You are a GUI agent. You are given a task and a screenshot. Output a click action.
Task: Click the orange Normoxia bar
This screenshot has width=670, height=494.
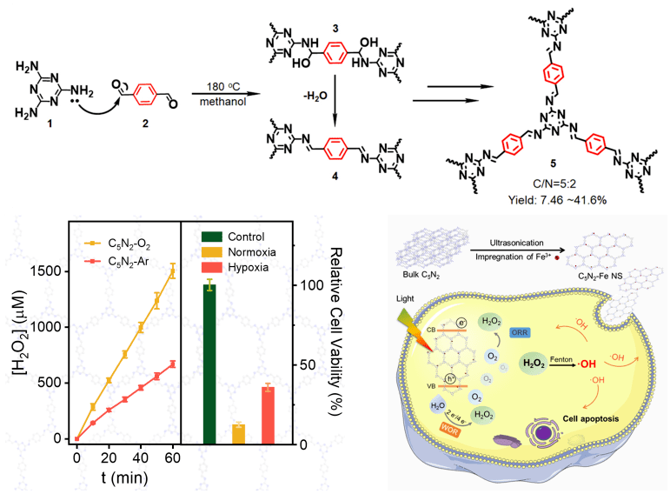point(237,433)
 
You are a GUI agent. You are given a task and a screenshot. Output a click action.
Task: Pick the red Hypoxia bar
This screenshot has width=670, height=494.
point(268,415)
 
